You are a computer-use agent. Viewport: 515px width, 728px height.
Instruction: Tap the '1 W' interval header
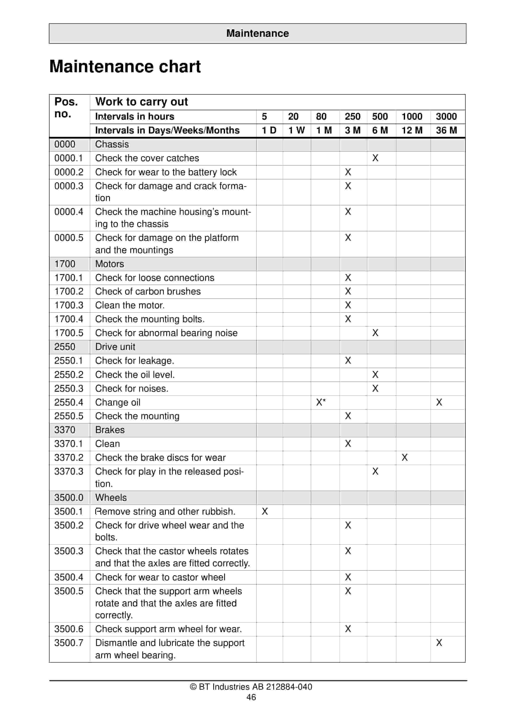coord(296,130)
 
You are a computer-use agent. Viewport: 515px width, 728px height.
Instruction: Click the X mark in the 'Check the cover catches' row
coord(375,158)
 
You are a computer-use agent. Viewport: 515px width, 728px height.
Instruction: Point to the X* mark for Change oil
coord(321,402)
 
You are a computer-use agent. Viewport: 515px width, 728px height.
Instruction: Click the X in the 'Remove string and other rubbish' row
coord(265,511)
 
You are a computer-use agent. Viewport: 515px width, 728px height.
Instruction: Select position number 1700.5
coord(69,333)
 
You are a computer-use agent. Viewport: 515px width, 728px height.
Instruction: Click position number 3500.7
coord(69,643)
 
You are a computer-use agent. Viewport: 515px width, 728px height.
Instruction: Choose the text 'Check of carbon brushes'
coord(148,291)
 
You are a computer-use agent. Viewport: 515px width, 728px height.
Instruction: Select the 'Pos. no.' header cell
coord(66,108)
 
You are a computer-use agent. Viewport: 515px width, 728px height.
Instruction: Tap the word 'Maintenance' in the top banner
coord(257,33)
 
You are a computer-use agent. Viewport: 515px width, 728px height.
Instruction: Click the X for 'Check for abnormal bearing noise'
coord(375,333)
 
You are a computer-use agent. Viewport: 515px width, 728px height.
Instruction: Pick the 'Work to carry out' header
coord(142,102)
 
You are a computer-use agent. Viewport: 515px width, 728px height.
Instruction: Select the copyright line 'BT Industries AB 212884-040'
coord(251,687)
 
